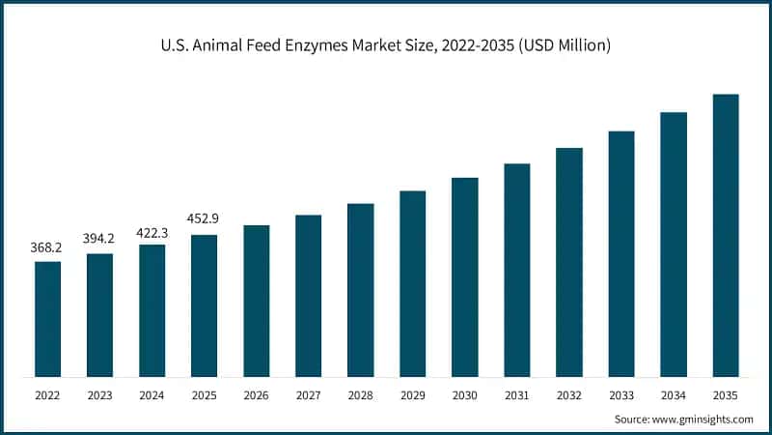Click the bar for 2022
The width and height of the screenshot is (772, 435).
coord(47,319)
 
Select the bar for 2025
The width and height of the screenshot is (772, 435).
coord(204,305)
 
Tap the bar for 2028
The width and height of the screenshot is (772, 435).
coord(360,290)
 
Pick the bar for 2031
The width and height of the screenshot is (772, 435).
coord(517,270)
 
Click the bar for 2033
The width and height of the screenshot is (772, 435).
coord(621,253)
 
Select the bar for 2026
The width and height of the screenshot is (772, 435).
coord(256,301)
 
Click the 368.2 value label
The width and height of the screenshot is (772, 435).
coord(47,248)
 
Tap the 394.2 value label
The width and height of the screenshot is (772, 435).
coord(99,241)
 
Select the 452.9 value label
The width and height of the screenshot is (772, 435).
coord(204,221)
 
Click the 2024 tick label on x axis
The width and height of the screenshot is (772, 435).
coord(152,394)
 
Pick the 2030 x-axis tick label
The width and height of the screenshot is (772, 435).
coord(465,394)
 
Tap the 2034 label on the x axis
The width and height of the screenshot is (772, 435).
coord(674,394)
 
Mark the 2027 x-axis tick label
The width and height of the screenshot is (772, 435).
coord(308,394)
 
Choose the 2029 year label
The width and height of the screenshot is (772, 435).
coord(413,394)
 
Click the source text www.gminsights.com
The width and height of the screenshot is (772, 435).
coord(703,419)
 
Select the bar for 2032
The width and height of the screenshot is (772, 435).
coord(569,262)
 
